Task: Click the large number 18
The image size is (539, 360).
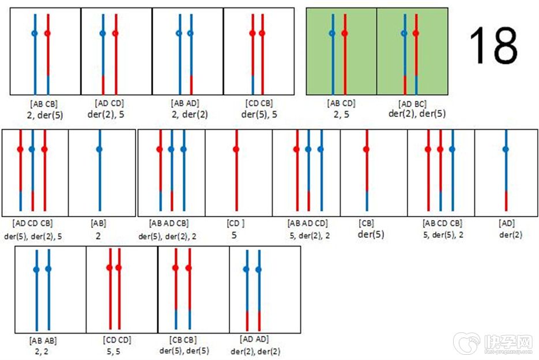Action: pos(493,46)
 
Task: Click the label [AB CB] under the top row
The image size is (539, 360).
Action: pos(44,104)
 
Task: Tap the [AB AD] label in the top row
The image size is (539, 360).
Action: pos(185,103)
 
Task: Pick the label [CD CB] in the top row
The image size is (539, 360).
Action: pos(258,103)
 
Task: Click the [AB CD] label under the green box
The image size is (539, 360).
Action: pos(341,104)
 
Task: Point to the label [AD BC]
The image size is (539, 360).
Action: pos(413,104)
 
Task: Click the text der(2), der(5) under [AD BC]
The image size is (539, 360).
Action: pos(413,114)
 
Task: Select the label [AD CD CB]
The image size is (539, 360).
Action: pos(32,223)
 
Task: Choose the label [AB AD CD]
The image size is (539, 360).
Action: pos(308,223)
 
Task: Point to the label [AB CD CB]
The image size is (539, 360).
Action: pos(442,223)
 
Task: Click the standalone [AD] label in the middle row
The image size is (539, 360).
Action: pos(507,223)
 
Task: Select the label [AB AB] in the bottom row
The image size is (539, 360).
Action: pos(42,340)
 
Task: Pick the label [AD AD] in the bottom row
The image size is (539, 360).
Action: pos(254,339)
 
